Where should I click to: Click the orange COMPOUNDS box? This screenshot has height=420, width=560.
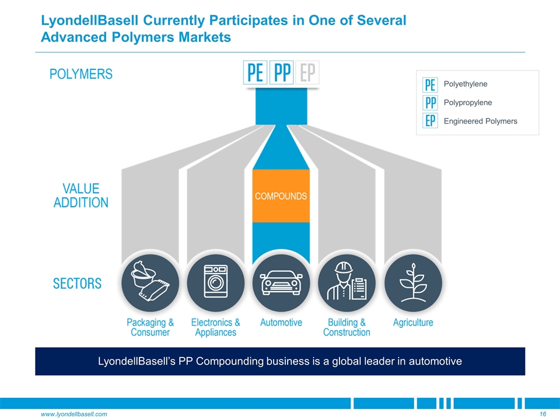(x=281, y=196)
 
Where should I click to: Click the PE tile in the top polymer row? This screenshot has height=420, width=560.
(x=255, y=74)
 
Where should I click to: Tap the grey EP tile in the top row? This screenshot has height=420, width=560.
(x=307, y=74)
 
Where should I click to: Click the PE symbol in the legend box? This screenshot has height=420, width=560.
(x=430, y=85)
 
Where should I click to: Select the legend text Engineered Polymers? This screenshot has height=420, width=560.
(x=480, y=121)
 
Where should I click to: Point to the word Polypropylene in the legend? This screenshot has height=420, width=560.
(x=467, y=103)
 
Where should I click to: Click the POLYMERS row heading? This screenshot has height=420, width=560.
(x=81, y=74)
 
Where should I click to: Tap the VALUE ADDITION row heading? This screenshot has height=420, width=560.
(x=81, y=196)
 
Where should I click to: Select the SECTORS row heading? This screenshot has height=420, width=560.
(x=78, y=284)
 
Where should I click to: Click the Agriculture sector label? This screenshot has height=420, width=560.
(x=413, y=323)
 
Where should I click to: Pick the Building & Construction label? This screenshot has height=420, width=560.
(x=346, y=327)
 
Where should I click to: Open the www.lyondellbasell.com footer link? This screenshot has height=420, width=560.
(x=73, y=414)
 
